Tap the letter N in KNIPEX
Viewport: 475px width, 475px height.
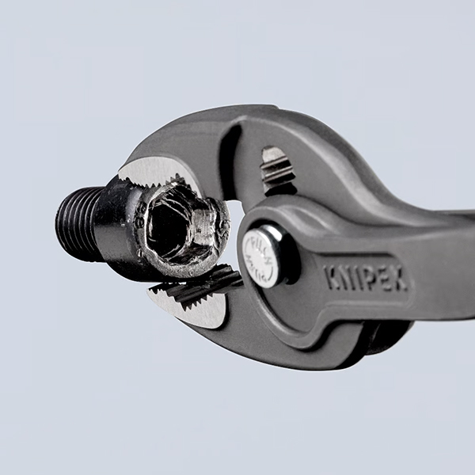[x=344, y=277]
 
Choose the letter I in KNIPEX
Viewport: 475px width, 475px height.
[x=355, y=277]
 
